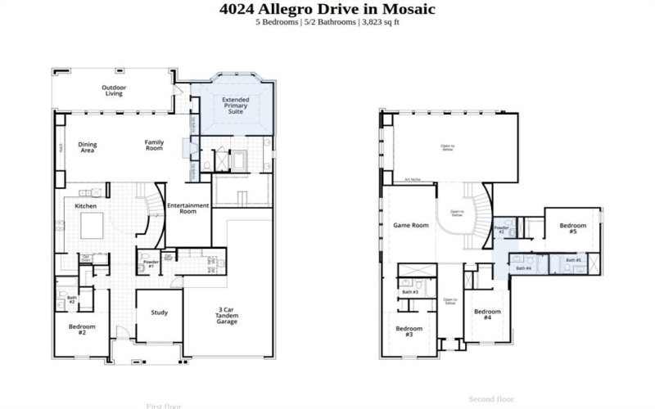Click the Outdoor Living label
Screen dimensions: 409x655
pos(113,91)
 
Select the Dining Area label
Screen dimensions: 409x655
pos(88,148)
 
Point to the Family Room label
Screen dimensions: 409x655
pos(155,146)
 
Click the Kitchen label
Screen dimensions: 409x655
pos(87,206)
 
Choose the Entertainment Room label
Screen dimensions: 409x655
pos(188,208)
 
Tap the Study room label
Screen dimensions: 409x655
pos(159,312)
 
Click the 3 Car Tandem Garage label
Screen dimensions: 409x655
pos(227,316)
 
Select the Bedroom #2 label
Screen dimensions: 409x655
pos(82,330)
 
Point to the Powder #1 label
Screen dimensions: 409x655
pos(150,264)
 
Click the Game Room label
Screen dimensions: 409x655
pos(411,225)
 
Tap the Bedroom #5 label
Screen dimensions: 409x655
pos(573,228)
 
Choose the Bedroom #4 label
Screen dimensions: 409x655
pos(487,314)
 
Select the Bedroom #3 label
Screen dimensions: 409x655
pos(409,331)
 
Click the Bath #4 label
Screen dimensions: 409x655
pos(523,268)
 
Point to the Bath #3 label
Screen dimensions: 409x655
pos(410,292)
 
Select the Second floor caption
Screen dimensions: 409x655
pos(490,399)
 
